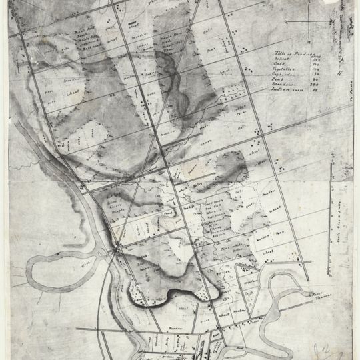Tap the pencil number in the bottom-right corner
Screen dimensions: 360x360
331,347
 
